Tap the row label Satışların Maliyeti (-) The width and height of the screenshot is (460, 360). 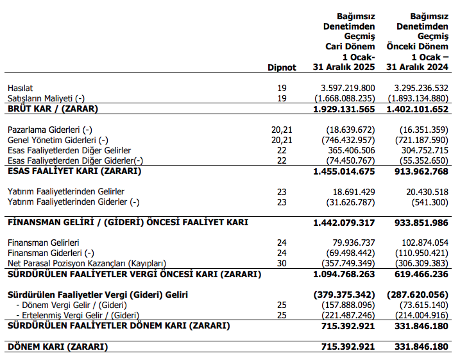(46, 98)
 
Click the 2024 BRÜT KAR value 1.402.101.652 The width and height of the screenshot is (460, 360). (414, 109)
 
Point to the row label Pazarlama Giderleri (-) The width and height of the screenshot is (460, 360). (50, 130)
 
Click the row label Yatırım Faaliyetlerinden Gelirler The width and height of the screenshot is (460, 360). (65, 192)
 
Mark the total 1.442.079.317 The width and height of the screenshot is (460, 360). (344, 222)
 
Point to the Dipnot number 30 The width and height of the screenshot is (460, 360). (282, 264)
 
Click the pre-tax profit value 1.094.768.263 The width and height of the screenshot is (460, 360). (344, 274)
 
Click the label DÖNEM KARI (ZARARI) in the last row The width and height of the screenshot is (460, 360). (58, 347)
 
